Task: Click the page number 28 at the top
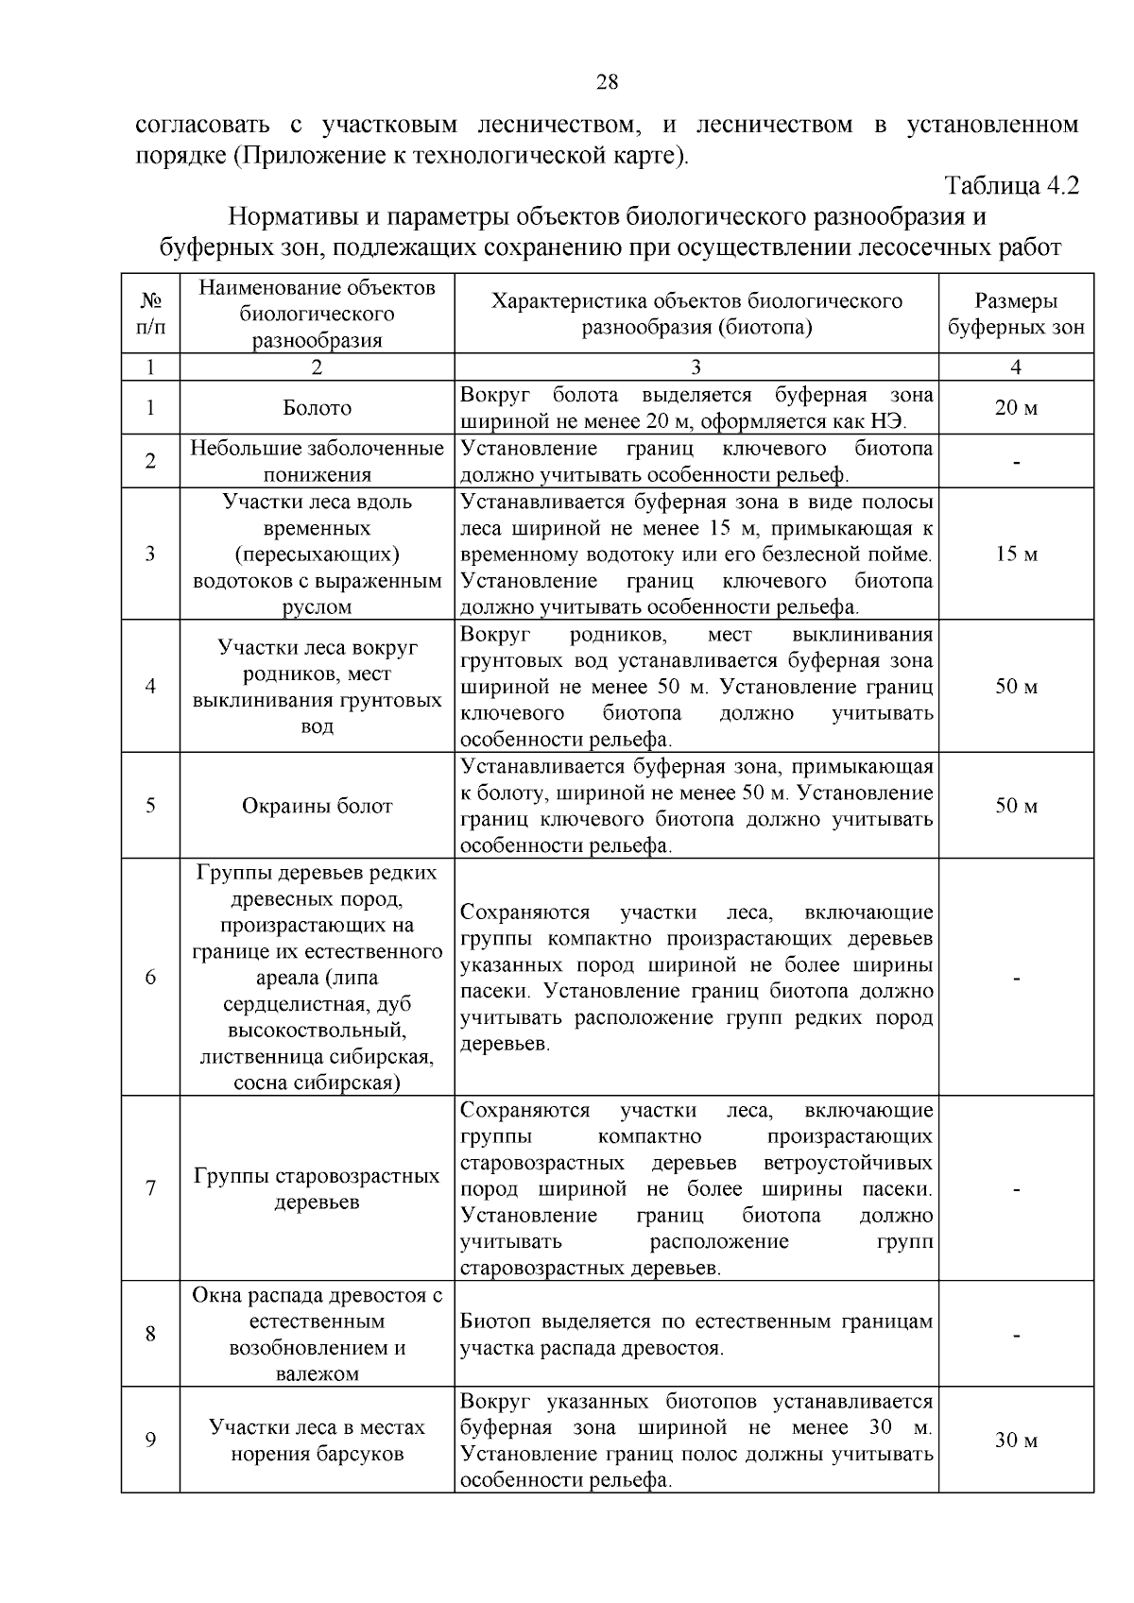coord(607,82)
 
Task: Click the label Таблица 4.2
coord(1011,185)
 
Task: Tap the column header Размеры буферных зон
coord(1016,315)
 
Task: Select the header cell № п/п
coord(150,315)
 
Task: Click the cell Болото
coord(317,408)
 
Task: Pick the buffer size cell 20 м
coord(1016,408)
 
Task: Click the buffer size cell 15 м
coord(1016,554)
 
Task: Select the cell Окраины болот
coord(317,806)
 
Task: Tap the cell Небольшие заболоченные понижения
coord(317,461)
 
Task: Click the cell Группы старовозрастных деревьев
coord(317,1189)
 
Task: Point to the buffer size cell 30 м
coord(1016,1441)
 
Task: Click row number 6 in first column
coord(150,978)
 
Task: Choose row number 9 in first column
coord(150,1441)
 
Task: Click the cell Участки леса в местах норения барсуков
coord(317,1441)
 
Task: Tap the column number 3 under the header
coord(696,367)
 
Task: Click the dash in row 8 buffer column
coord(1016,1335)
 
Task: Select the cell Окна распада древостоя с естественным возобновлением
coord(317,1335)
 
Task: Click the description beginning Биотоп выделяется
coord(696,1335)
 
